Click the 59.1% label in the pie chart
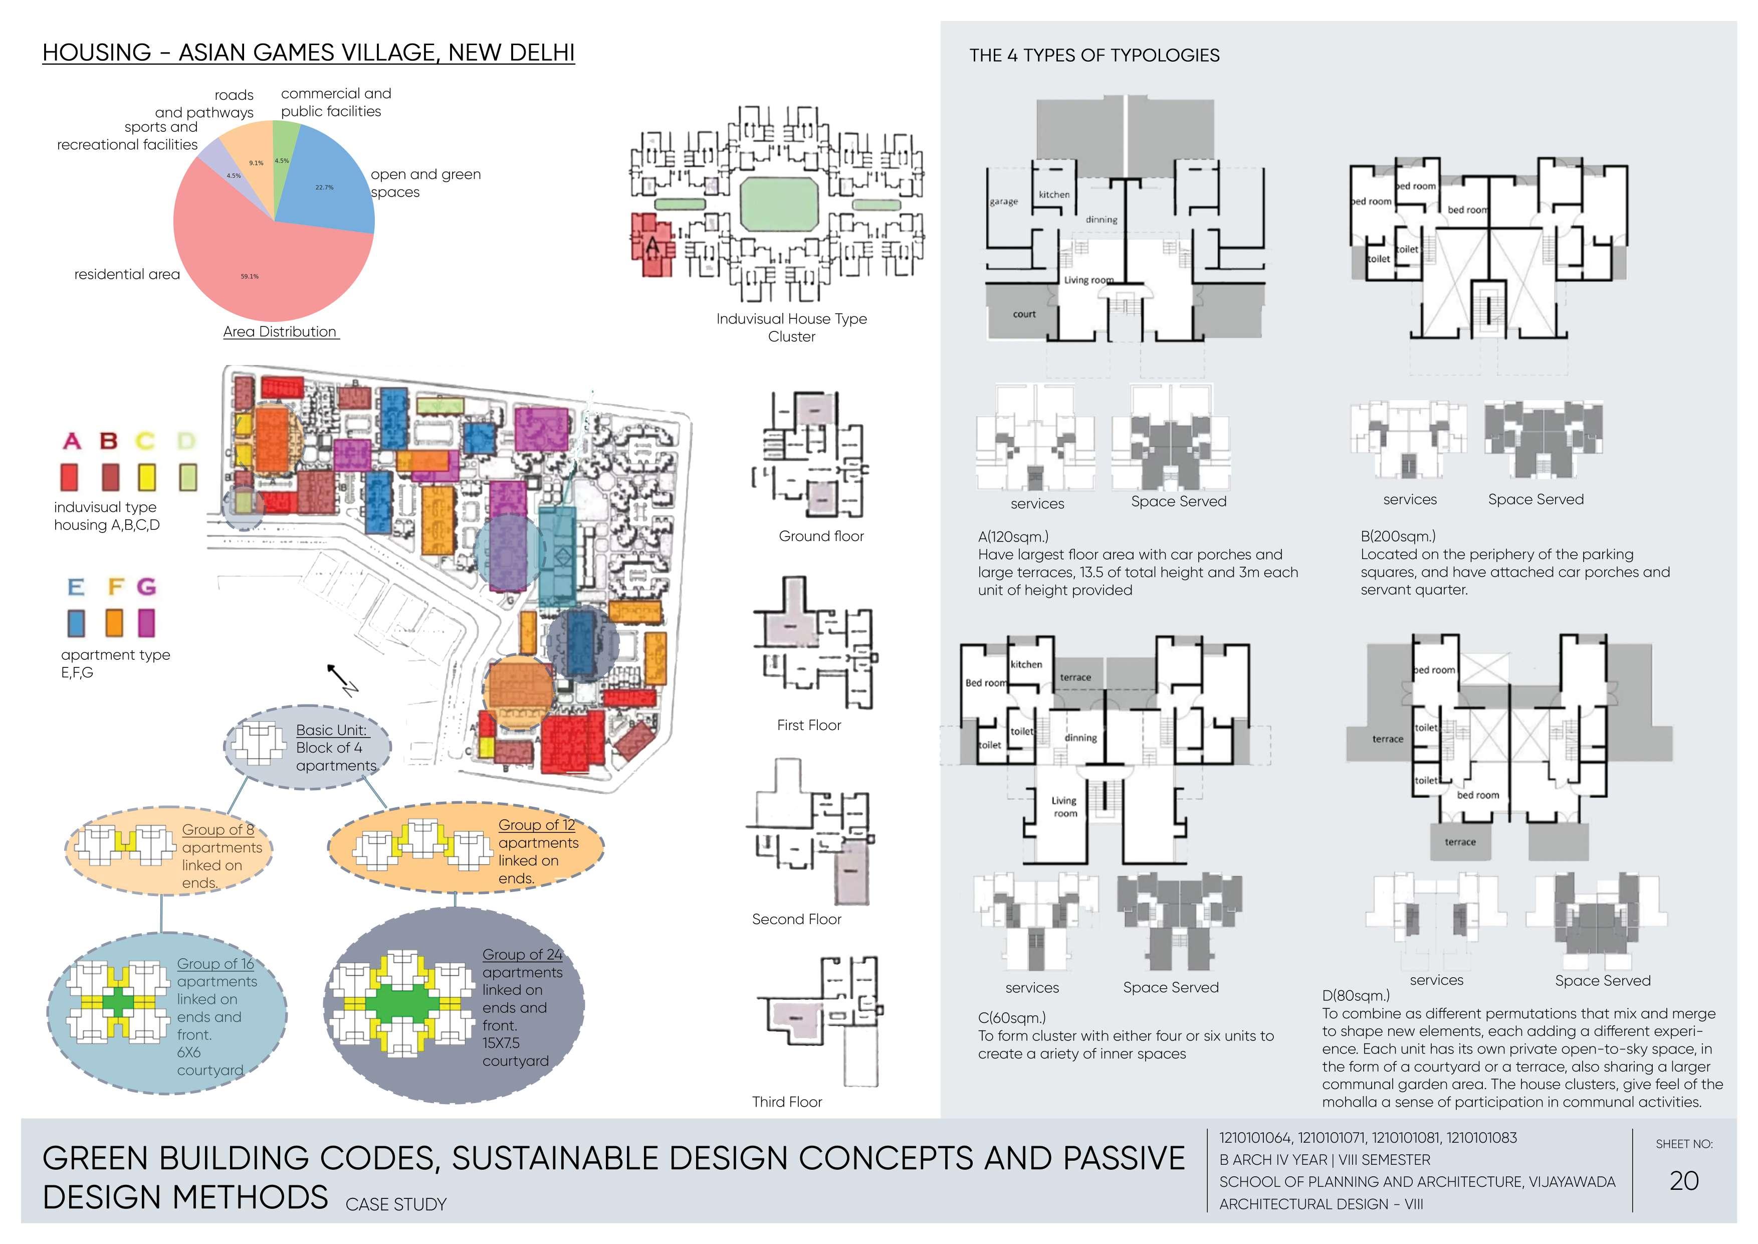click(250, 277)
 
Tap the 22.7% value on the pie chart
click(324, 187)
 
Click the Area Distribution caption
click(280, 331)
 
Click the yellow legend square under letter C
click(146, 477)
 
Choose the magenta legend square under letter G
click(146, 623)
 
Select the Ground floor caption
click(821, 536)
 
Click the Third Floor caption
click(786, 1102)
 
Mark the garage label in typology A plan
click(1004, 202)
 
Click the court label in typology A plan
click(1024, 314)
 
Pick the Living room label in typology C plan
click(1064, 807)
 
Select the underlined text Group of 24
click(522, 955)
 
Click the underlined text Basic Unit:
click(332, 730)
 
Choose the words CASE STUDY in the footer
click(396, 1204)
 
